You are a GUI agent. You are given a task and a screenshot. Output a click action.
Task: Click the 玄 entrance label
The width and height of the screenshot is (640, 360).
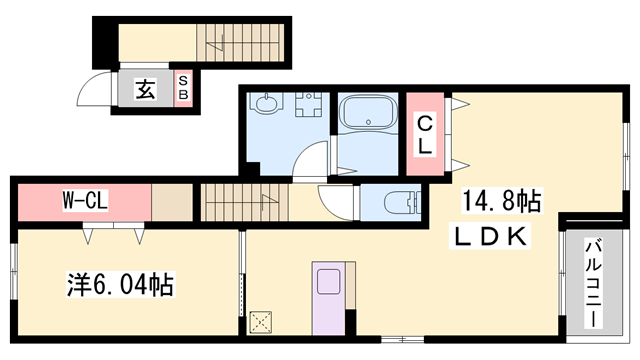145,90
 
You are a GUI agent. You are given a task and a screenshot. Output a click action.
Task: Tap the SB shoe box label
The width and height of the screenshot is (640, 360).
184,88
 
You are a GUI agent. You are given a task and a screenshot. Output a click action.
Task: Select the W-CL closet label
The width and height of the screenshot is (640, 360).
83,200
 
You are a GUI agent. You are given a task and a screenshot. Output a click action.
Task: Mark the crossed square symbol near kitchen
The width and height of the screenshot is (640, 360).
264,321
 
